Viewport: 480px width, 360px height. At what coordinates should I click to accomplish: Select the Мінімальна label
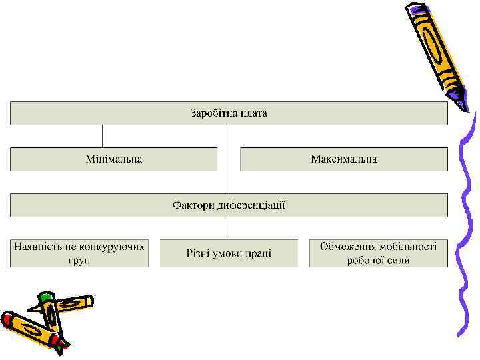113,159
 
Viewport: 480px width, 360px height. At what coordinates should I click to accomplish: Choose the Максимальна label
343,159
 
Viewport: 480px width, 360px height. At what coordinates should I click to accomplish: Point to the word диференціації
251,205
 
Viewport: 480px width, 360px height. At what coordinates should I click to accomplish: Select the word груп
79,259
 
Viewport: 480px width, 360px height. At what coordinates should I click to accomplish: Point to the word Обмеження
349,247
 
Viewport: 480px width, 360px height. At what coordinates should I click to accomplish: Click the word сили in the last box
398,259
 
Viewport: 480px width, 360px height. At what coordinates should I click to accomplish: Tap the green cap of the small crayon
46,297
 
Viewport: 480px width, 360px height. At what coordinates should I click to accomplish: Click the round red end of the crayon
7,319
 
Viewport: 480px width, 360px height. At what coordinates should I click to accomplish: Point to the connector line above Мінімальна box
103,136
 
